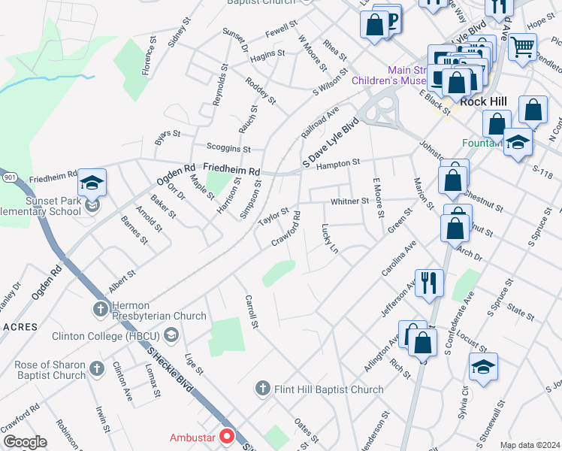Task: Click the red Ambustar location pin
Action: [x=225, y=435]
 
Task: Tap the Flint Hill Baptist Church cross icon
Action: [x=262, y=389]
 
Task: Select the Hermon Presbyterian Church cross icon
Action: [x=100, y=308]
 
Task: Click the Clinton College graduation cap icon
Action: [x=171, y=335]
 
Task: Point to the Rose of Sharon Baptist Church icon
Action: [x=96, y=368]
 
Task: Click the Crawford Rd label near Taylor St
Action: [x=287, y=230]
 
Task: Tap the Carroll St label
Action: [x=251, y=312]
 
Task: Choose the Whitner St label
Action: [x=350, y=201]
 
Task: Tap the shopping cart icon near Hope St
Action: [x=522, y=47]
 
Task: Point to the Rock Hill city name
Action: [x=485, y=101]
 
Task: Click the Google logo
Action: [x=25, y=442]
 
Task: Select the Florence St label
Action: [x=149, y=57]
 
